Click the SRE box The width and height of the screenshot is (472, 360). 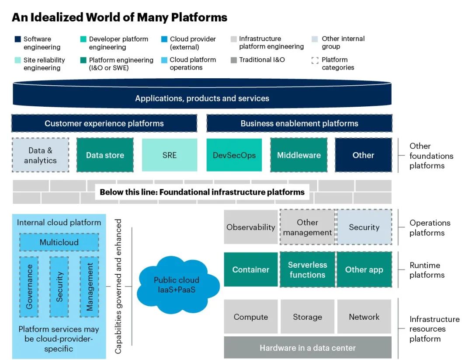170,155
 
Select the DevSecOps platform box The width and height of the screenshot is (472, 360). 234,155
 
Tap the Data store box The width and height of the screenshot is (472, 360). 105,155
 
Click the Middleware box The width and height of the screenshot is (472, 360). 299,155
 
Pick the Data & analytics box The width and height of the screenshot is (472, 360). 40,155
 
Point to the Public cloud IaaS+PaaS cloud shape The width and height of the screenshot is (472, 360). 177,285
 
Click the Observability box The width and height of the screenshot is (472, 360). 251,227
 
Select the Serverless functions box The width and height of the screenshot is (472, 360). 307,270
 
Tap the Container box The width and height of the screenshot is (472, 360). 251,270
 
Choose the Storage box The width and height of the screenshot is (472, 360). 307,317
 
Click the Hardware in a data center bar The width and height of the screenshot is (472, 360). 308,348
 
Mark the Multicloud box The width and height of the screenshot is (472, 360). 59,242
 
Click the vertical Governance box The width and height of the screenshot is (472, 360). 29,287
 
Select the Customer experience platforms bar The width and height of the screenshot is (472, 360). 104,123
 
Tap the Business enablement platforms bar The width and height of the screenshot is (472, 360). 299,123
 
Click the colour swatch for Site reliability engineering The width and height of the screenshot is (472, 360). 17,60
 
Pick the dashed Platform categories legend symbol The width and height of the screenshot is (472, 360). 315,60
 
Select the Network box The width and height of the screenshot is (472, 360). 364,317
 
